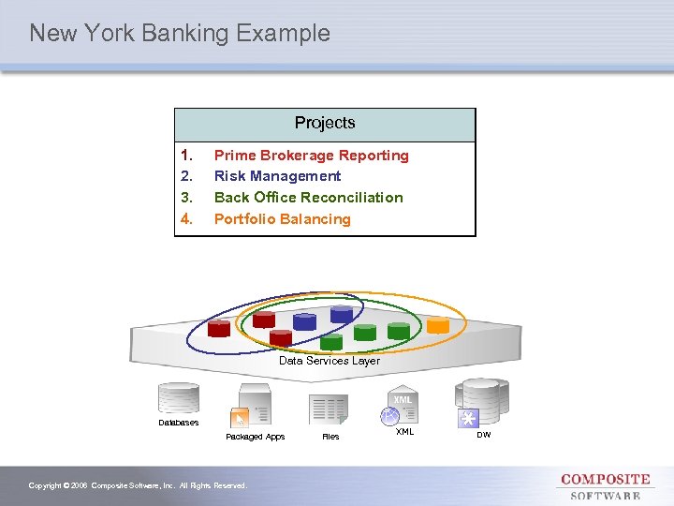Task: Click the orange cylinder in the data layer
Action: (437, 325)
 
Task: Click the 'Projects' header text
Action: (325, 123)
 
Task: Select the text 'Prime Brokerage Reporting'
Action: (311, 156)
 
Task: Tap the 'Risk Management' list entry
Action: (277, 176)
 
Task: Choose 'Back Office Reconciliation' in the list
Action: (308, 198)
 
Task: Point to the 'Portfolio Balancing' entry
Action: (282, 219)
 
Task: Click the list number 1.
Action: (186, 156)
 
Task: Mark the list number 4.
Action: (186, 219)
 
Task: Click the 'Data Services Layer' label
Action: (330, 361)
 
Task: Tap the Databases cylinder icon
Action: (178, 398)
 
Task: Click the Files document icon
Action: (329, 409)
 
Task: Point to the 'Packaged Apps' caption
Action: (256, 437)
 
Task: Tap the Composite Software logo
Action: (605, 486)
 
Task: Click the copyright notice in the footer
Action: (138, 485)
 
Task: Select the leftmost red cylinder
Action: (219, 328)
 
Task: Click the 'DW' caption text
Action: (483, 434)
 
